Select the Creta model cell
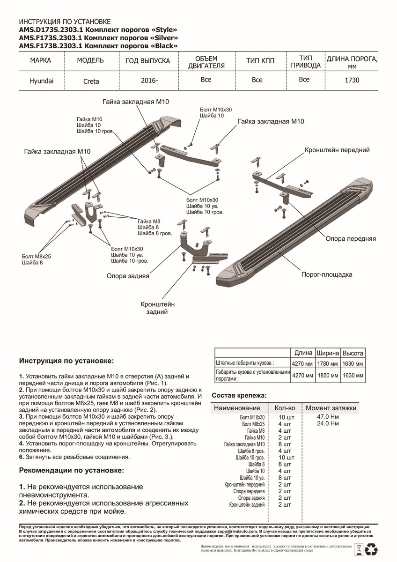pos(91,81)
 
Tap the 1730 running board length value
pos(352,80)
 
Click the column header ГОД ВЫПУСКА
pos(148,61)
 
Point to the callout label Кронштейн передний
pos(337,150)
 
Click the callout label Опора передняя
pos(351,238)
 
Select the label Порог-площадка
pos(327,274)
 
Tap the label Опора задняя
pos(128,276)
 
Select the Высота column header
pos(353,353)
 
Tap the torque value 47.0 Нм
pos(327,416)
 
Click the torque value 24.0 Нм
pos(327,424)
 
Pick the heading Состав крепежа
pos(239,395)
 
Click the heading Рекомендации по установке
pos(72,469)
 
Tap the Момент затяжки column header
pos(331,408)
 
